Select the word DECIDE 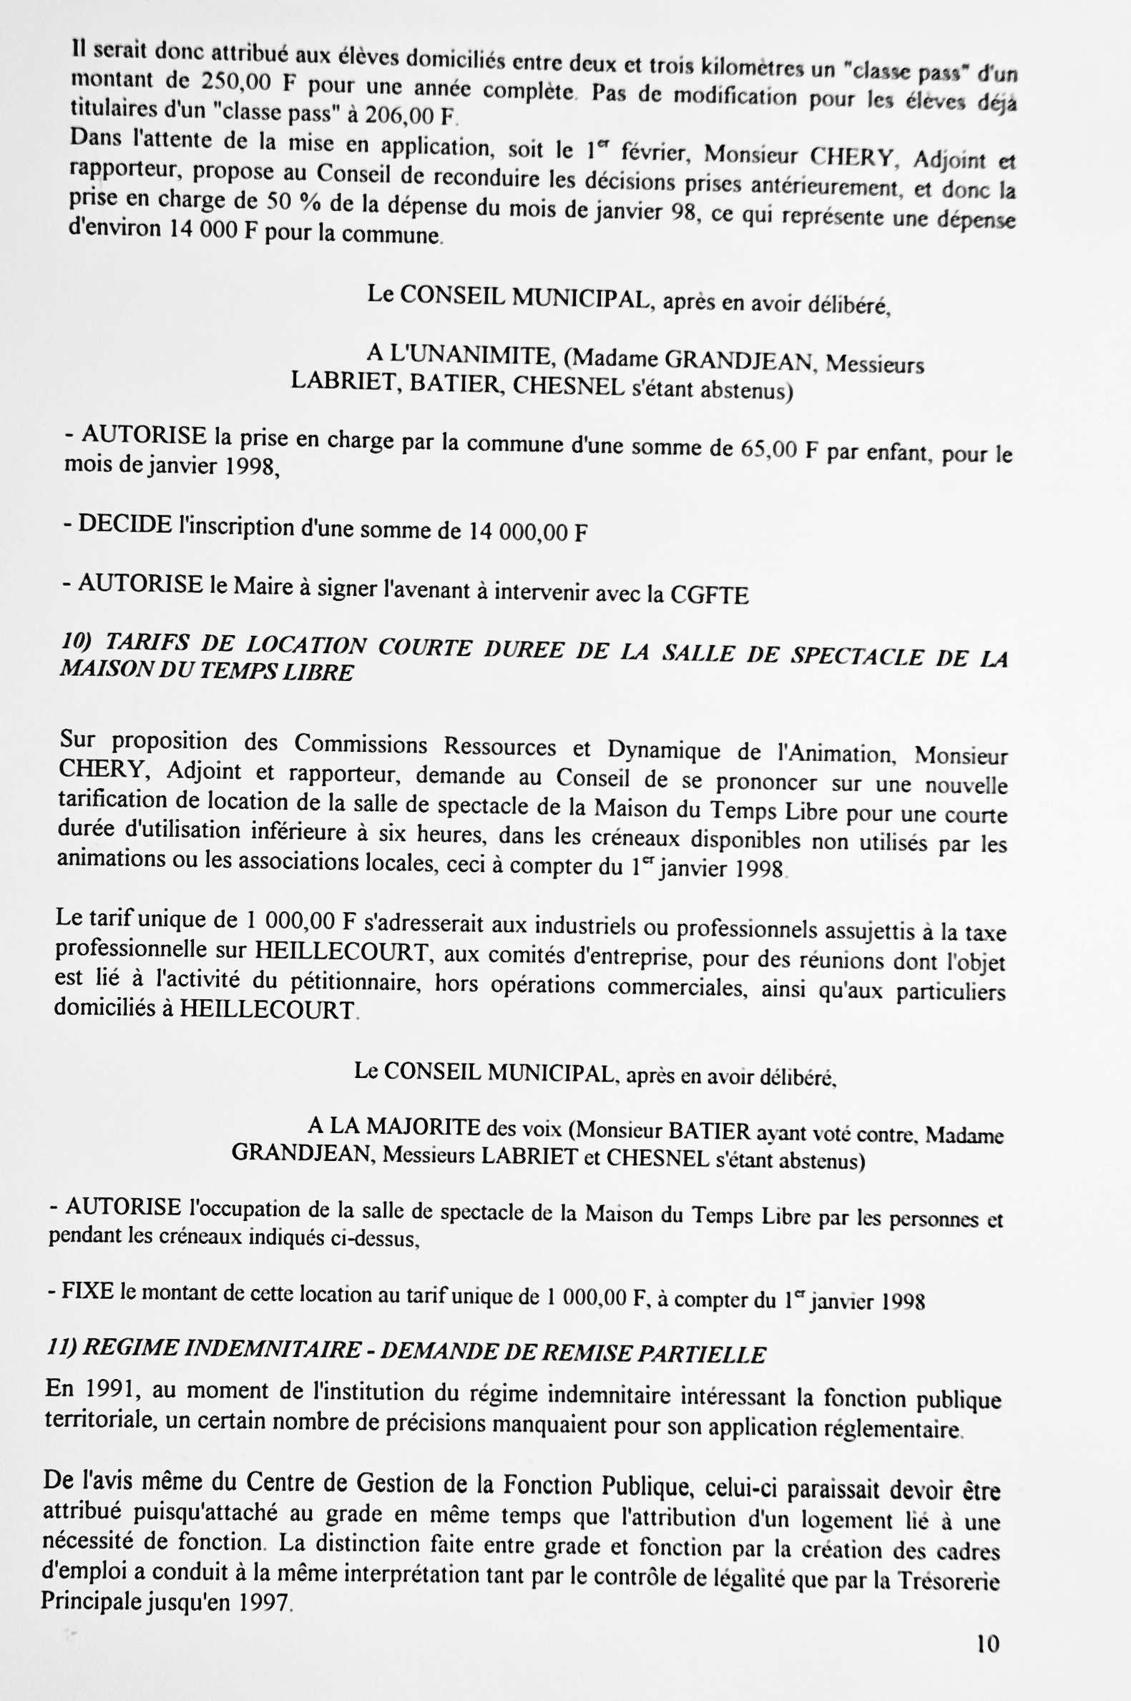pyautogui.click(x=124, y=524)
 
